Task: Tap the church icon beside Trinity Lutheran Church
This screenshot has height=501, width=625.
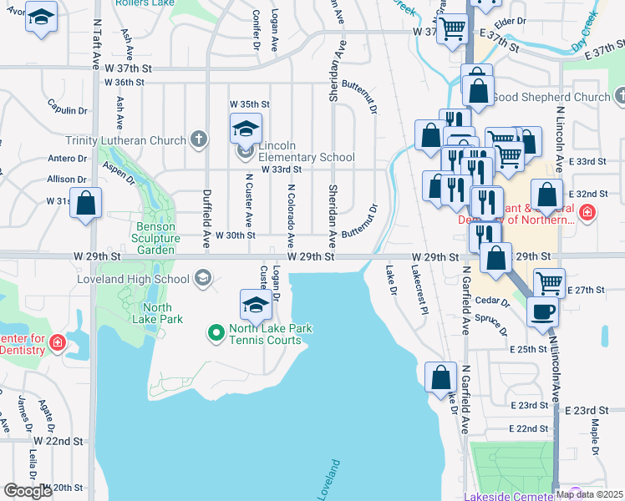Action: pyautogui.click(x=198, y=139)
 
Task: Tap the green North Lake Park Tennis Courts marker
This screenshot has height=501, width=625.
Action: pyautogui.click(x=216, y=334)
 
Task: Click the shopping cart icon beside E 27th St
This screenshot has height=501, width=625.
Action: pyautogui.click(x=548, y=282)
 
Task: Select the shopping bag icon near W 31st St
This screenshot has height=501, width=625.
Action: pyautogui.click(x=85, y=202)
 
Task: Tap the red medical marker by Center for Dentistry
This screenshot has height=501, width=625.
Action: pyautogui.click(x=58, y=343)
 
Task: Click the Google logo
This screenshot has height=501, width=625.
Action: pyautogui.click(x=28, y=491)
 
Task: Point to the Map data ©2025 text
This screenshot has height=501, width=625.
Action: pyautogui.click(x=589, y=494)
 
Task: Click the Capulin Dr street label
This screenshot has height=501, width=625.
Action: pyautogui.click(x=68, y=110)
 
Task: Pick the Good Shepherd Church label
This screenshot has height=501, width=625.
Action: pyautogui.click(x=551, y=97)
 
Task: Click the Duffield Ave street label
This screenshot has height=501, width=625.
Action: pyautogui.click(x=206, y=218)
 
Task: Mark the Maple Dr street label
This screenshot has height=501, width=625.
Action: pyautogui.click(x=595, y=435)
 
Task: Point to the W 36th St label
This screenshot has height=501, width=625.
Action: pyautogui.click(x=124, y=83)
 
